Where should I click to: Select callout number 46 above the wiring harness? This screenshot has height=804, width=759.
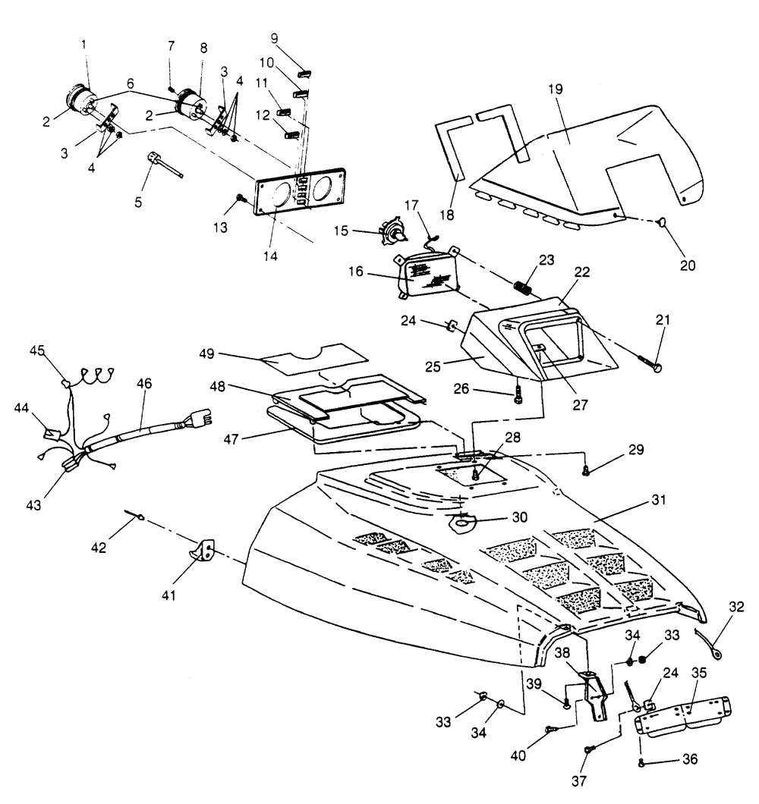144,384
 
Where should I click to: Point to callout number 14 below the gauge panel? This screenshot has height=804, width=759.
271,256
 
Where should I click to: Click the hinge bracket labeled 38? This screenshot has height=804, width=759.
596,690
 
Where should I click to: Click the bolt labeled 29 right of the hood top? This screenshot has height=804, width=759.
586,472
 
